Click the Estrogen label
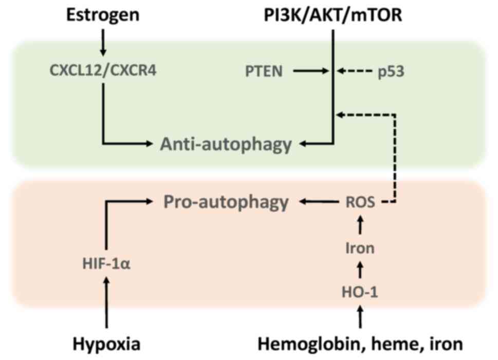[x=102, y=15]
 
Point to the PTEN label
[x=264, y=71]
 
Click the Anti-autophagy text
[x=226, y=145]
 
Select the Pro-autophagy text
[x=226, y=202]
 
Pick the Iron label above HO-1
[x=360, y=249]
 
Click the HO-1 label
[x=360, y=292]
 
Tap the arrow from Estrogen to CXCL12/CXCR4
[x=103, y=43]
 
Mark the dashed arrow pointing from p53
[x=355, y=71]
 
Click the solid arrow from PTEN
[x=311, y=71]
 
